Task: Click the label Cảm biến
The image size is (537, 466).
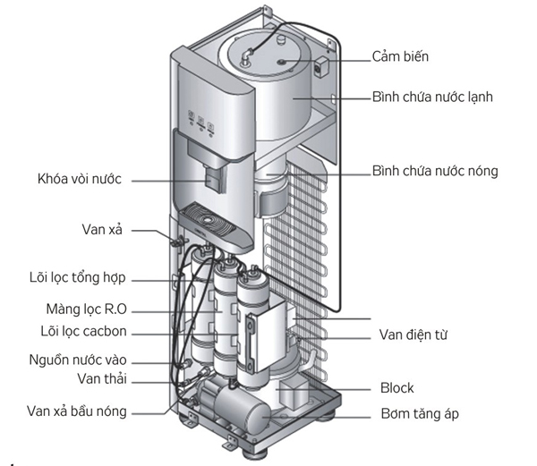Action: coord(402,56)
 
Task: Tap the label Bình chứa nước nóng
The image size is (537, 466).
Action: coord(434,170)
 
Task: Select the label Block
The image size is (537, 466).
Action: coord(396,388)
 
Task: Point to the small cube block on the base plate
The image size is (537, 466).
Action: coord(293,394)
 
